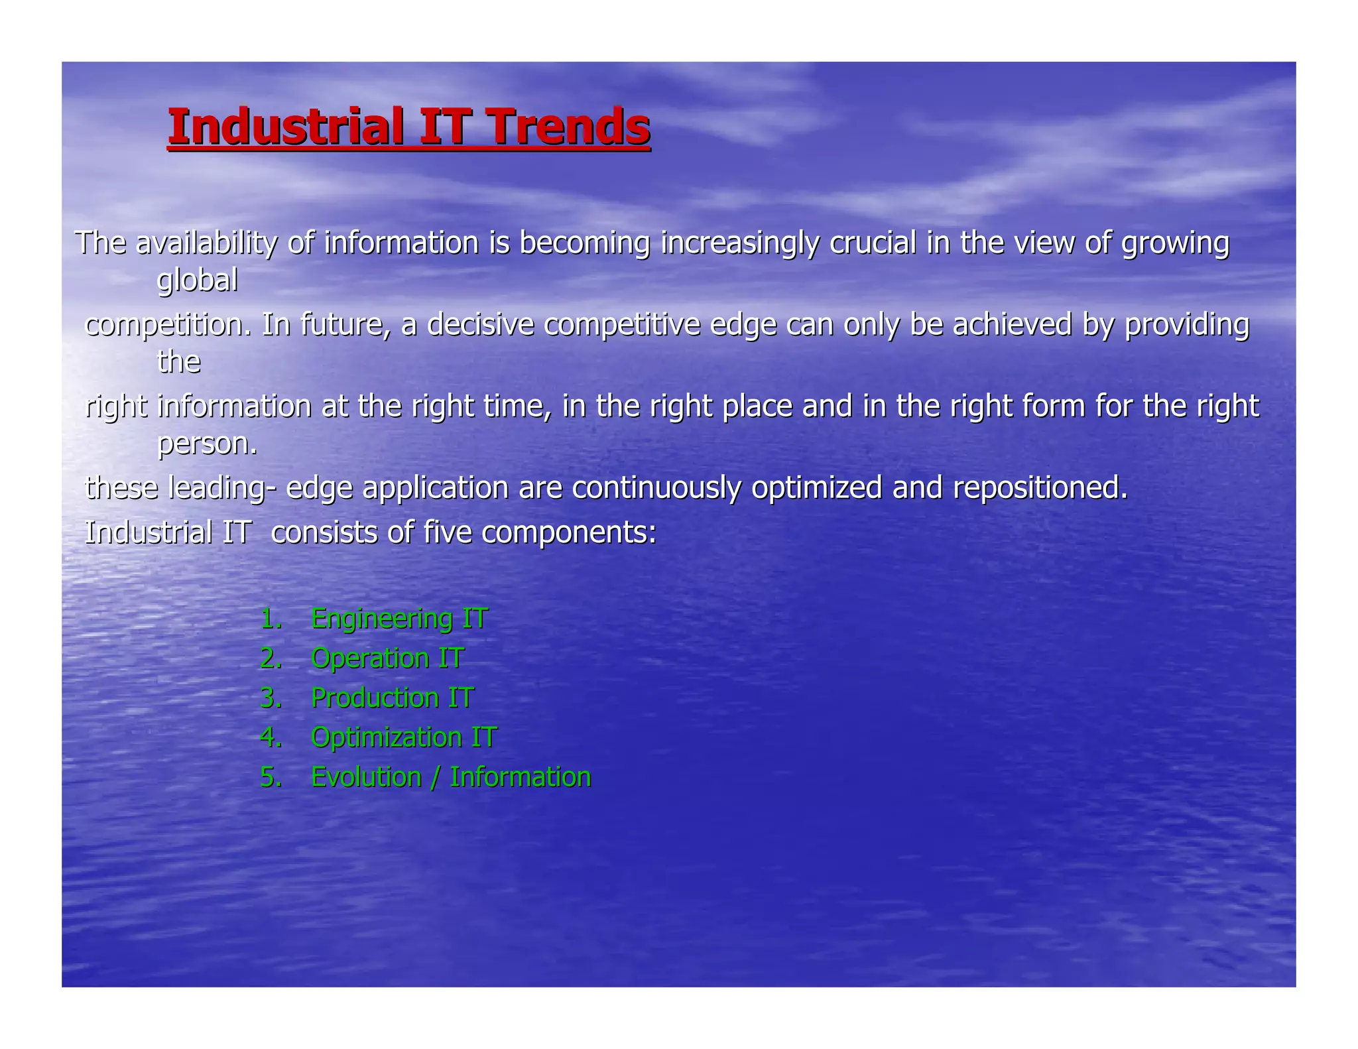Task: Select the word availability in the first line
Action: [x=206, y=243]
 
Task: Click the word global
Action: [x=197, y=280]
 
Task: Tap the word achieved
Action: [x=1013, y=324]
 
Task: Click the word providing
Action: [x=1187, y=324]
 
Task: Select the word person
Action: [x=206, y=444]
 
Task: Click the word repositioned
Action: [x=1040, y=487]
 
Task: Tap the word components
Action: [x=568, y=532]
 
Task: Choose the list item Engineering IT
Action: [x=399, y=619]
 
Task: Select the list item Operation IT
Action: [x=387, y=658]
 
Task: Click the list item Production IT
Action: [x=393, y=698]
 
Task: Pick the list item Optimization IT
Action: [x=403, y=737]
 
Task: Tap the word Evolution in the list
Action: [x=366, y=777]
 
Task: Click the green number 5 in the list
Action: [x=269, y=777]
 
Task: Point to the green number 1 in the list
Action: [x=269, y=619]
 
